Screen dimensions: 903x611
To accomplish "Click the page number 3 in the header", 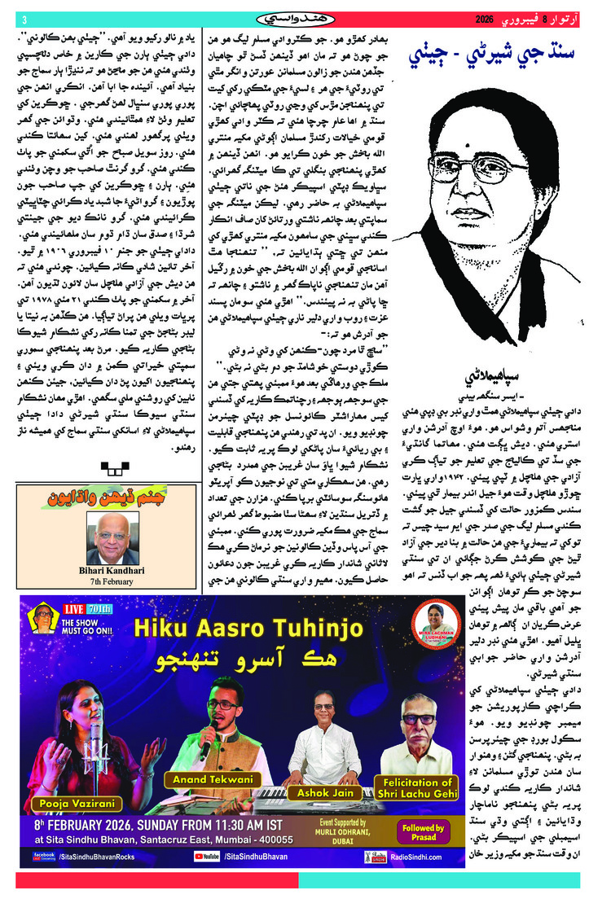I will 24,19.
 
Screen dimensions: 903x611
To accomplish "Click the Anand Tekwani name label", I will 212,780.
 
